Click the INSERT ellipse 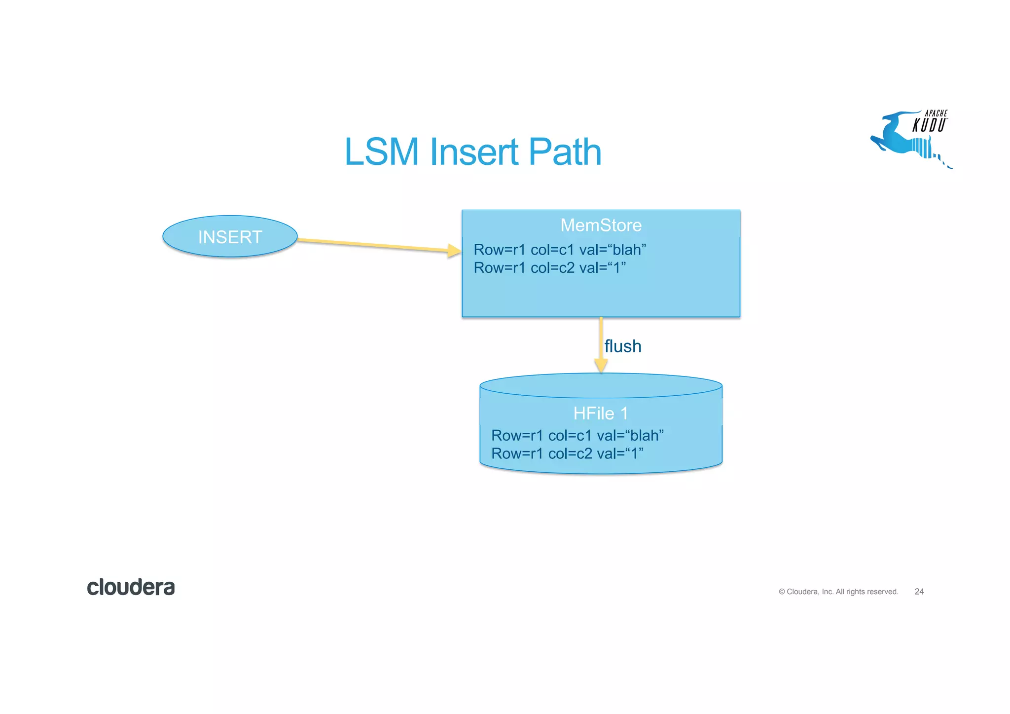pyautogui.click(x=230, y=236)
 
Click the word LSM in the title pyautogui.click(x=381, y=151)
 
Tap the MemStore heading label pyautogui.click(x=601, y=225)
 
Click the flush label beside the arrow pyautogui.click(x=623, y=346)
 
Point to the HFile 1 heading pyautogui.click(x=601, y=413)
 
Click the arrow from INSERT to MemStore pyautogui.click(x=375, y=245)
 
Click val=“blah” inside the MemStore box pyautogui.click(x=613, y=250)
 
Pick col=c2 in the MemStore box pyautogui.click(x=552, y=268)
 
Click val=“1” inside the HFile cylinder pyautogui.click(x=620, y=453)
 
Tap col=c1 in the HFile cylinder pyautogui.click(x=570, y=435)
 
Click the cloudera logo pyautogui.click(x=131, y=587)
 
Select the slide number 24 pyautogui.click(x=919, y=591)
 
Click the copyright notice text pyautogui.click(x=838, y=591)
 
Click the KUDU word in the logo pyautogui.click(x=929, y=125)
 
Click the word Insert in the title pyautogui.click(x=474, y=151)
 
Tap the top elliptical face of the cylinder pyautogui.click(x=601, y=385)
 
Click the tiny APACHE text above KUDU pyautogui.click(x=936, y=113)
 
